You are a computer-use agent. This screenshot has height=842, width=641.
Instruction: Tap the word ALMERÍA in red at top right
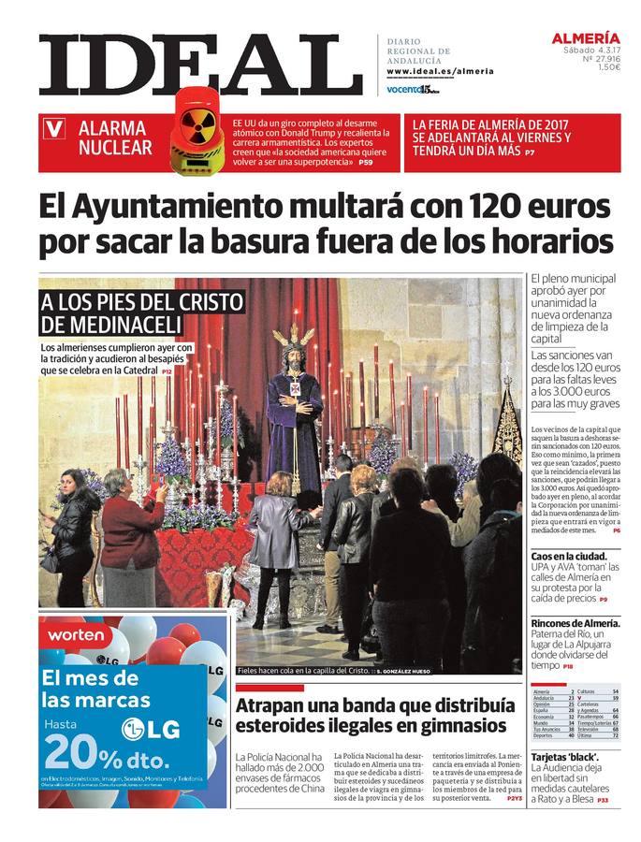[x=586, y=38]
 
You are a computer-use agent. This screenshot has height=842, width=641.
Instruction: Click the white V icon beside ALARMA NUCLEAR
[x=55, y=130]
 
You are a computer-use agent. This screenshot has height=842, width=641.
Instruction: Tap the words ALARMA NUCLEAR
[x=114, y=138]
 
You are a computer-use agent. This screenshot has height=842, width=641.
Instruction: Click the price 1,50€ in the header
[x=609, y=67]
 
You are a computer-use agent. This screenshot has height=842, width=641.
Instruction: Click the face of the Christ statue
[x=293, y=361]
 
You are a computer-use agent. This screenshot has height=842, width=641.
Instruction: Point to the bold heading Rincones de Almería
[x=575, y=624]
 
